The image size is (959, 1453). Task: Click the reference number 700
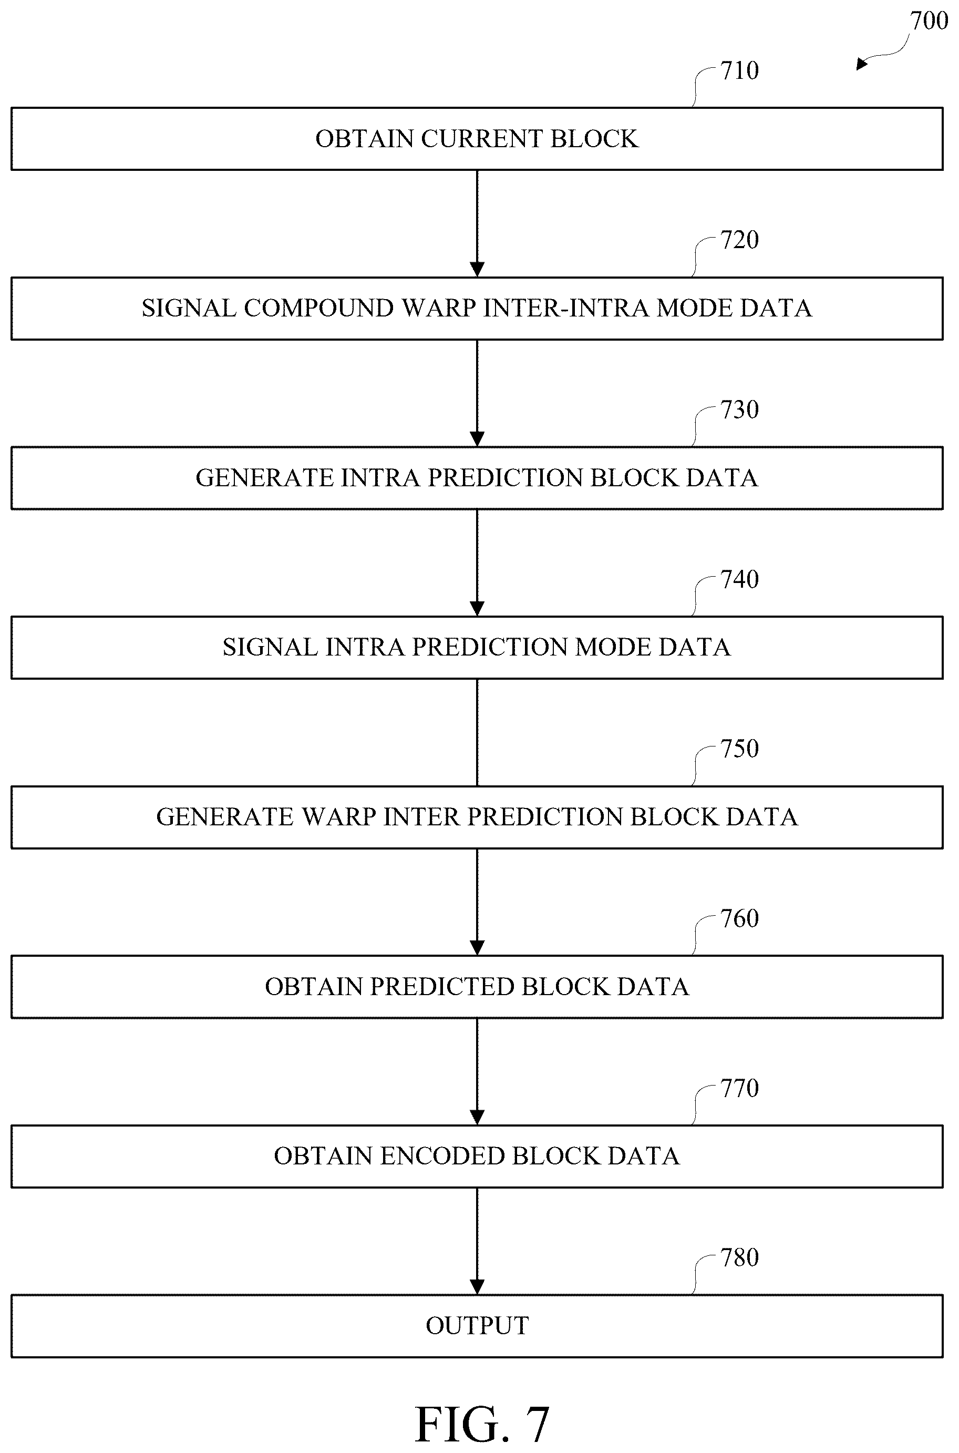tap(929, 21)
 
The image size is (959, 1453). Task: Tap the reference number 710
tap(739, 70)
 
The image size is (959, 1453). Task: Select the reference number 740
tap(739, 579)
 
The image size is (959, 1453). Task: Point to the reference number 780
tap(739, 1257)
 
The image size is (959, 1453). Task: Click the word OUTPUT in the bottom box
tap(477, 1326)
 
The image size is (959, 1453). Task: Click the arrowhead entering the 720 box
tap(477, 270)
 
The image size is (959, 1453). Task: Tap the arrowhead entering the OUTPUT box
tap(477, 1287)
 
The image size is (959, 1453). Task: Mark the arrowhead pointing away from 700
tap(862, 63)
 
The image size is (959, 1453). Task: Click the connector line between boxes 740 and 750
tap(477, 732)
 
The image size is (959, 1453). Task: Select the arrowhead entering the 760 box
tap(477, 948)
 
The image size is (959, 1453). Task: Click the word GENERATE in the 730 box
tap(264, 478)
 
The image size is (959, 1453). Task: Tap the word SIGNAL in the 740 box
tap(270, 647)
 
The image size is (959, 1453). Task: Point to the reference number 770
tap(739, 1088)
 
